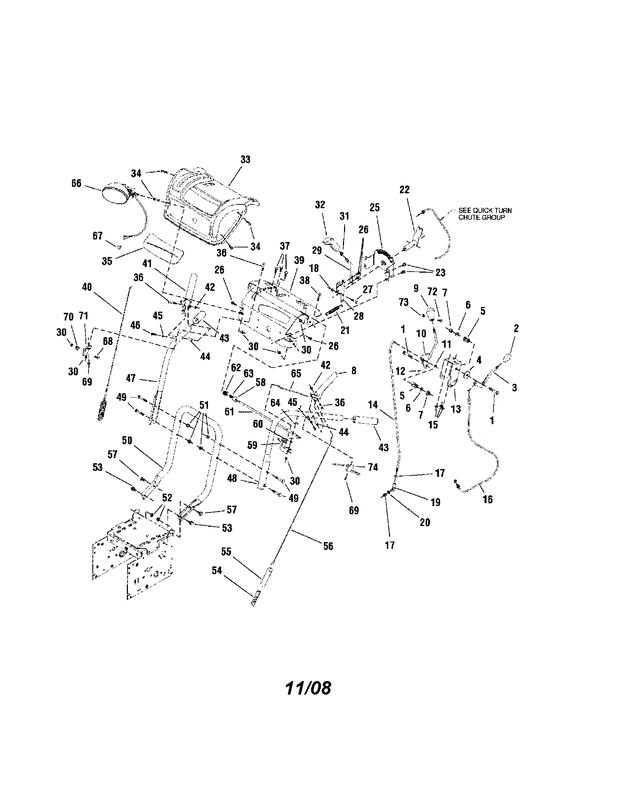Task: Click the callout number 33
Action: coord(245,160)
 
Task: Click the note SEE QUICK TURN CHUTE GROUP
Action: coord(484,214)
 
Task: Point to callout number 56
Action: coord(328,546)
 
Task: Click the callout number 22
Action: coord(404,190)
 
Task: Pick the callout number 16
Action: coord(487,499)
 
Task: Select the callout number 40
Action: coord(87,287)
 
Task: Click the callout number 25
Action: coord(374,207)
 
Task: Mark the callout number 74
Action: coord(373,467)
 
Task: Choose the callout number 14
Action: coord(373,405)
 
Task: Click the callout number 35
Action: coord(107,261)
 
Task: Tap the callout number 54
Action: coord(217,570)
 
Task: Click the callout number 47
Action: coord(131,378)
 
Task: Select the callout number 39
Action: coord(299,260)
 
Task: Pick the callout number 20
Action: coord(425,522)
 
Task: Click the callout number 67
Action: coord(97,236)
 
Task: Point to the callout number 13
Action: coord(456,409)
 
